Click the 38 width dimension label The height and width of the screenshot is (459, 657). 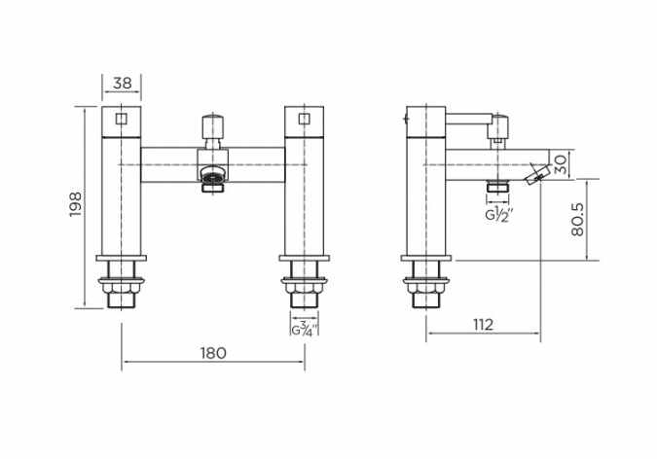pos(123,84)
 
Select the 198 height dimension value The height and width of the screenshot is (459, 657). pos(76,204)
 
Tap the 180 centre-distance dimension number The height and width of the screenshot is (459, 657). pos(213,353)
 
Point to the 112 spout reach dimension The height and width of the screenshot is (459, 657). pos(483,325)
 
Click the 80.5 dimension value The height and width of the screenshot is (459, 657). pos(577,220)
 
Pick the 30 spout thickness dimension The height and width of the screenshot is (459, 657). pos(561,164)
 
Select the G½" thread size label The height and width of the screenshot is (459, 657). pos(499,214)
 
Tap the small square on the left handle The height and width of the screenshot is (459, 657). pos(121,120)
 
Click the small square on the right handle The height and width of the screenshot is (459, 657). pos(305,120)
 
